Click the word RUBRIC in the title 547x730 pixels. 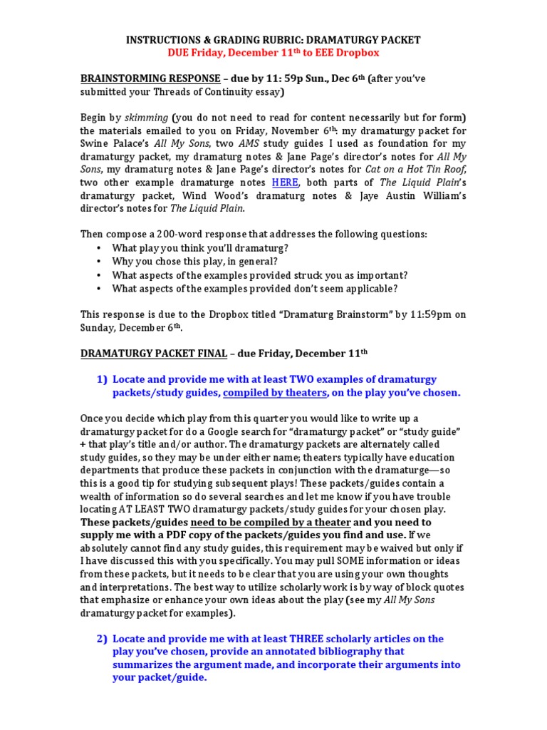(x=305, y=41)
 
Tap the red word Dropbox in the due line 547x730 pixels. (x=356, y=53)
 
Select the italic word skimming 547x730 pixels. (x=145, y=118)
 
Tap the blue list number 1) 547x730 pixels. (x=102, y=379)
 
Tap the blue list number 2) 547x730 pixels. (x=102, y=639)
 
